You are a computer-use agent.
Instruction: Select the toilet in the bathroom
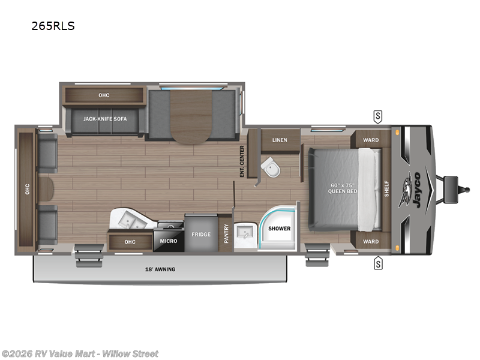tap(272, 168)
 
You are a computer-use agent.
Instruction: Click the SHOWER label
tap(279, 229)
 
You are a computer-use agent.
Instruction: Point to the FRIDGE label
tap(201, 234)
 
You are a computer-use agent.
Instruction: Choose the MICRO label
tap(168, 241)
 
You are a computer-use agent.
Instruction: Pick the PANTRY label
tap(226, 233)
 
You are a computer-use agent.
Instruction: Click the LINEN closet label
tap(280, 140)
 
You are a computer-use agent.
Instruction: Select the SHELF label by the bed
tap(387, 188)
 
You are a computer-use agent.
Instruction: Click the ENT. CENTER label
tap(242, 161)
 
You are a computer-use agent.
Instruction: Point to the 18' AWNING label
tap(161, 269)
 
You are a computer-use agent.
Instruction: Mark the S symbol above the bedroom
tap(378, 115)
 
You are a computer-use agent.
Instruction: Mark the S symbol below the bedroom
tap(378, 262)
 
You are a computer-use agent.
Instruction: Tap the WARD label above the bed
tap(371, 140)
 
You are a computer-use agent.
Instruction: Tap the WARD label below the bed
tap(371, 242)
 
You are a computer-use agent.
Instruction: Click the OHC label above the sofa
tap(104, 95)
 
